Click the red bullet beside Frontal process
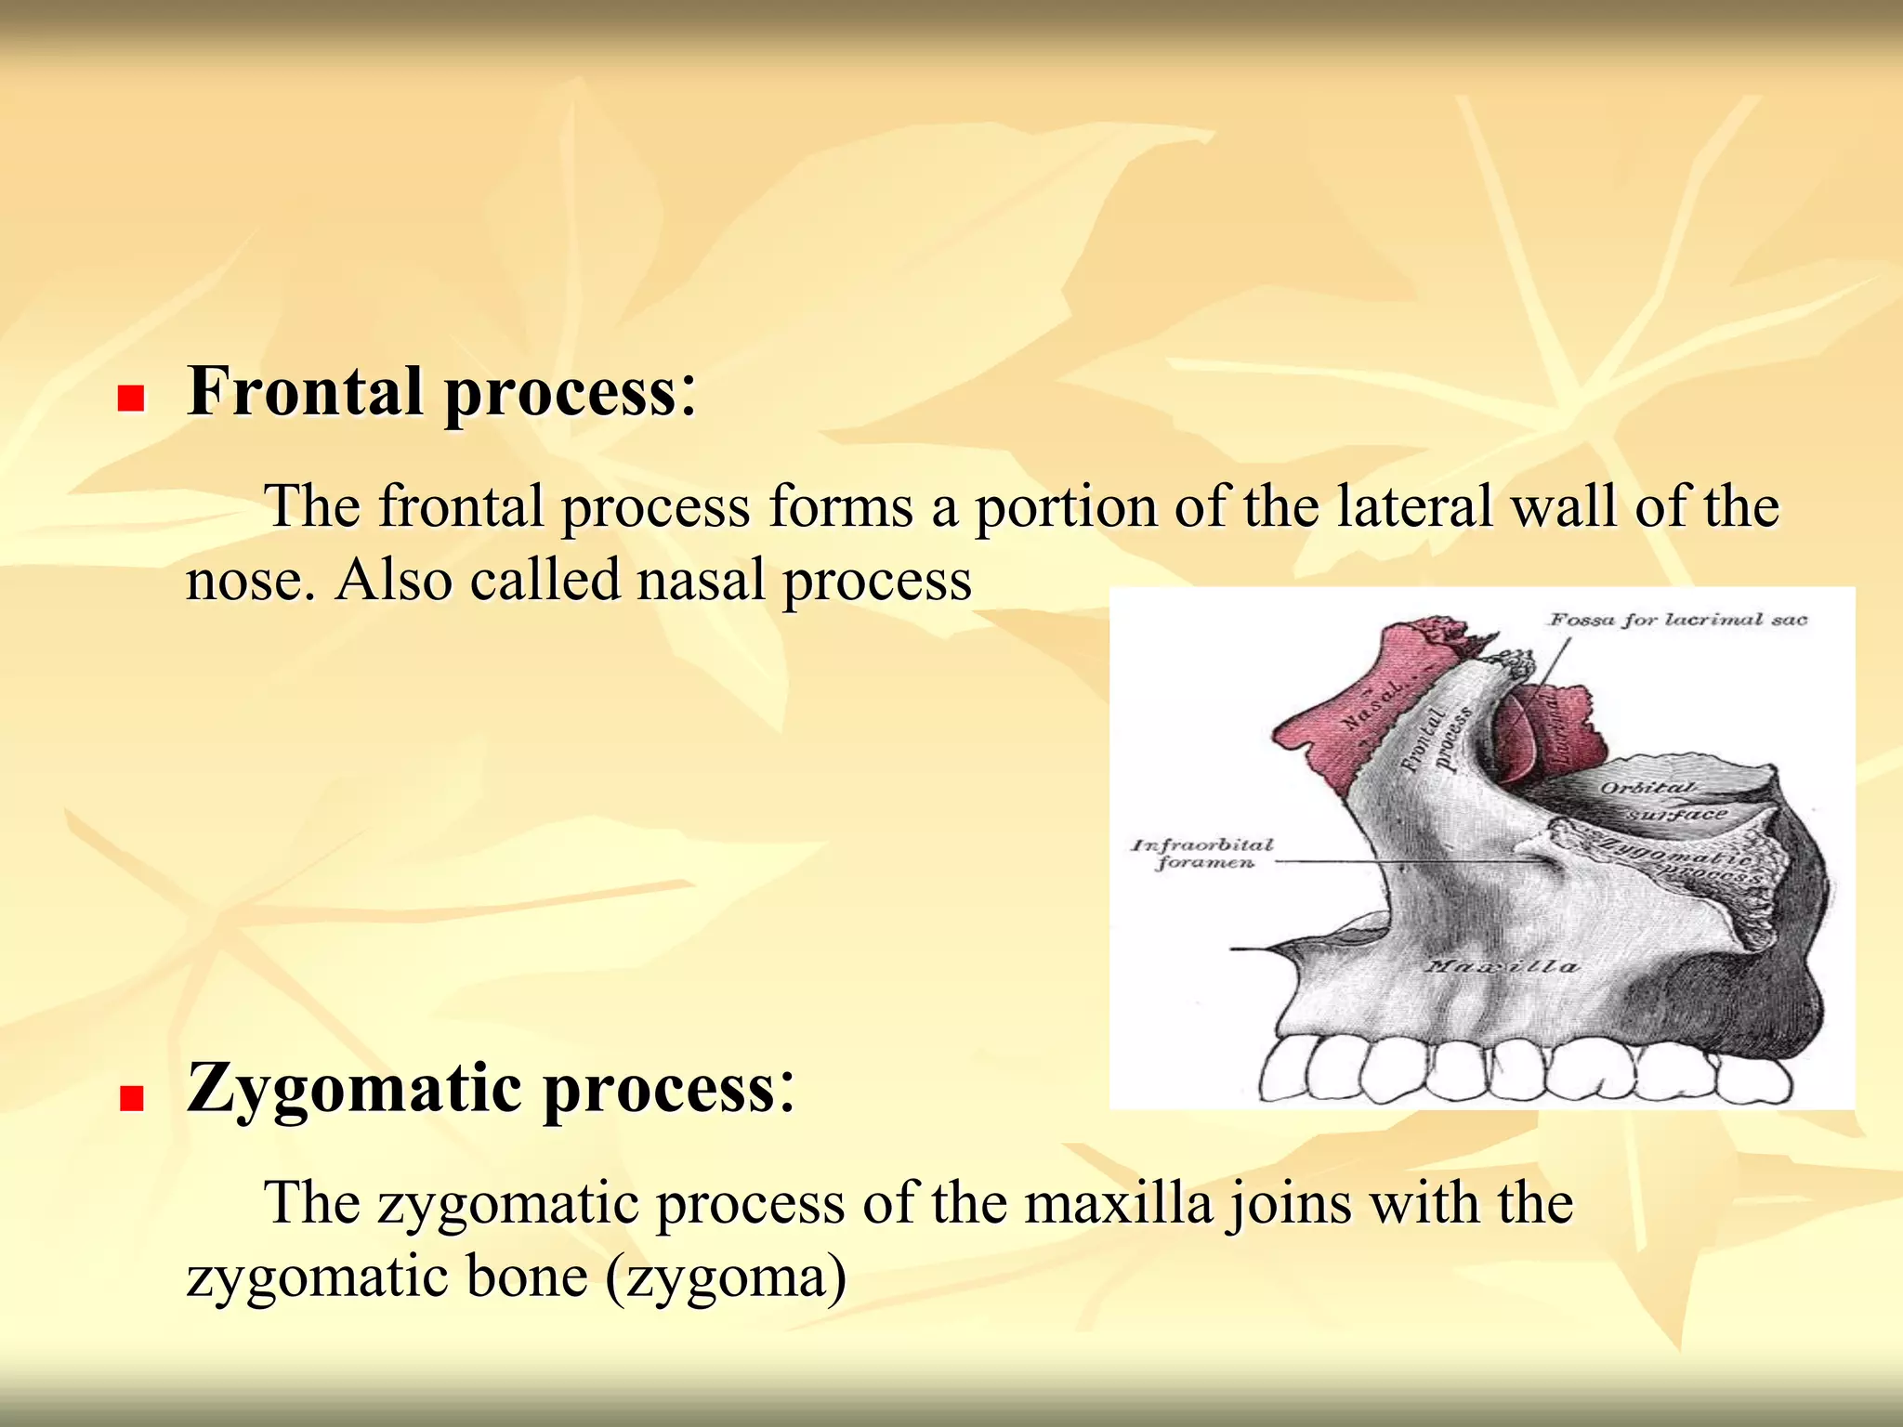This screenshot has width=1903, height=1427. (131, 399)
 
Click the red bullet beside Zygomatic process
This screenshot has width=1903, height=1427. (131, 1098)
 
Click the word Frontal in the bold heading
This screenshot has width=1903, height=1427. (306, 391)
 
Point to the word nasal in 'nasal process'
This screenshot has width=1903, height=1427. (702, 581)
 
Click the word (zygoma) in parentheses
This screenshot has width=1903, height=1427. (726, 1276)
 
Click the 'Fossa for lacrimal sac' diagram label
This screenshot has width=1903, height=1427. (1677, 620)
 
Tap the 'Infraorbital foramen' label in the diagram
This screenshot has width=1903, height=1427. (1202, 853)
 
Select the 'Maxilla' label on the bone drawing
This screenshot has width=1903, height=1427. (1501, 967)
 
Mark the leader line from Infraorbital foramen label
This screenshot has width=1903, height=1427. (1394, 862)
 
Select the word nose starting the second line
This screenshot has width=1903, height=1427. (244, 581)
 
